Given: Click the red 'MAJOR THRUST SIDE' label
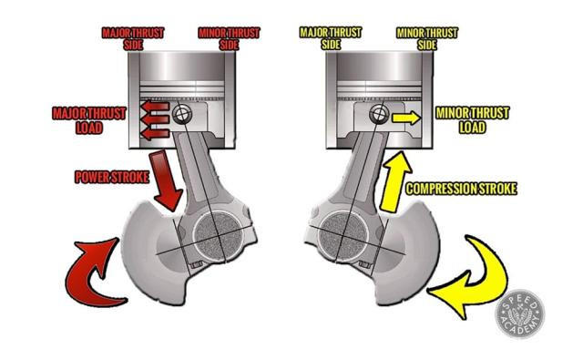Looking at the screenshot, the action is click(133, 38).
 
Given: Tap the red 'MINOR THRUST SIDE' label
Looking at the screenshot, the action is click(229, 38).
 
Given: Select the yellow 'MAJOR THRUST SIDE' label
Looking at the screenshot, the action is click(331, 38).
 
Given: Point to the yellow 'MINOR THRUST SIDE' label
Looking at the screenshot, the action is click(427, 38).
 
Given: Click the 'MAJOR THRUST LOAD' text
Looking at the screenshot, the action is click(89, 120).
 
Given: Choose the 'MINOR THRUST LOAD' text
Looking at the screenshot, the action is click(472, 120).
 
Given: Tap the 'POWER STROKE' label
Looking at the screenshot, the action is click(112, 177).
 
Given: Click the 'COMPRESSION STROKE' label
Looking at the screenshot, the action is click(461, 189).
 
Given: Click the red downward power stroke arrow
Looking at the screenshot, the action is click(166, 181).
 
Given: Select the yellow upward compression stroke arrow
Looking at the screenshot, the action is click(396, 182).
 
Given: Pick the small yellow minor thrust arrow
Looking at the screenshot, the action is click(406, 118).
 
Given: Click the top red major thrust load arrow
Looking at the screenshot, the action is click(155, 107).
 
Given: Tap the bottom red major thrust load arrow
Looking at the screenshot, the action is click(155, 133).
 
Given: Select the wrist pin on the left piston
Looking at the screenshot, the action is click(182, 114).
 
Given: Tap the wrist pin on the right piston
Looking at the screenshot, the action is click(379, 114).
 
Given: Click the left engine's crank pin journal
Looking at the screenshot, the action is click(219, 237).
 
